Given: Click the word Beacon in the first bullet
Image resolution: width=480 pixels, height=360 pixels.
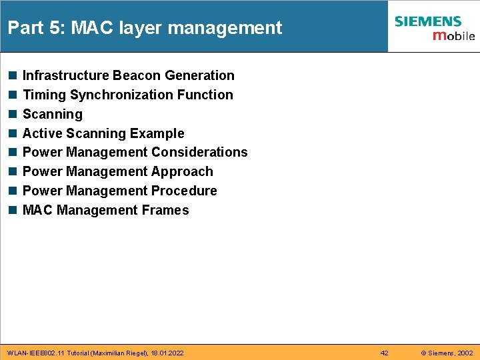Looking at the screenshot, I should pyautogui.click(x=134, y=76).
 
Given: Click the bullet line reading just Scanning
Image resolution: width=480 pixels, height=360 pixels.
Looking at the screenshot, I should pyautogui.click(x=53, y=115).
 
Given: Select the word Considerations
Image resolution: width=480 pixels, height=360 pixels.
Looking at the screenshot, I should pyautogui.click(x=199, y=153).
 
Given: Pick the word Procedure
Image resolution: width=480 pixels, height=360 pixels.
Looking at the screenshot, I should pyautogui.click(x=184, y=191).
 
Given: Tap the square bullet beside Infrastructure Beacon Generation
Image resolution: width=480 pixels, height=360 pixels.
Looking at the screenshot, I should pyautogui.click(x=12, y=76).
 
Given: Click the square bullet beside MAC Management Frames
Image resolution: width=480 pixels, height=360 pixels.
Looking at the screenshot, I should pyautogui.click(x=12, y=211).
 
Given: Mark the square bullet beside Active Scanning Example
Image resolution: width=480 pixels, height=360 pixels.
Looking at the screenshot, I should pyautogui.click(x=12, y=133).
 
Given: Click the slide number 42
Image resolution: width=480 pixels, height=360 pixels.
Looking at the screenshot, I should pyautogui.click(x=384, y=353).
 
